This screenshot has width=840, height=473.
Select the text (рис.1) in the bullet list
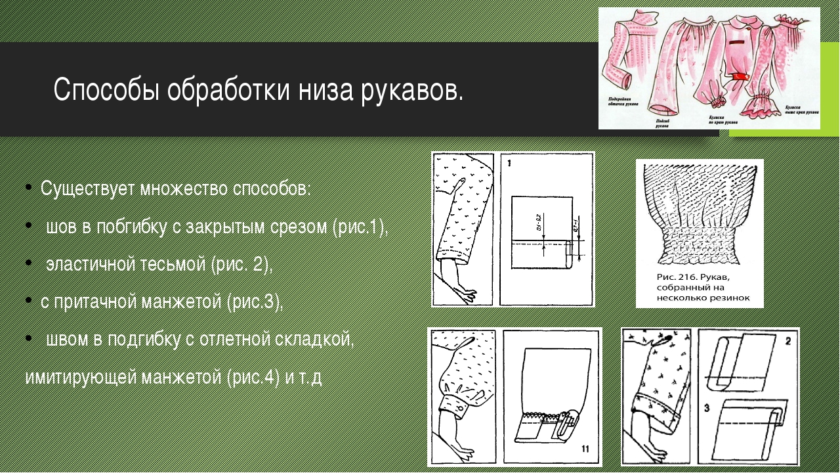pos(360,227)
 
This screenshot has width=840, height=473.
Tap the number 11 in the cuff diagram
pos(587,449)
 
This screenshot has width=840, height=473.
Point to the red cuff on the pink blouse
pos(741,77)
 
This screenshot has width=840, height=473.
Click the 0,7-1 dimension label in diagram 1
pos(577,227)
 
